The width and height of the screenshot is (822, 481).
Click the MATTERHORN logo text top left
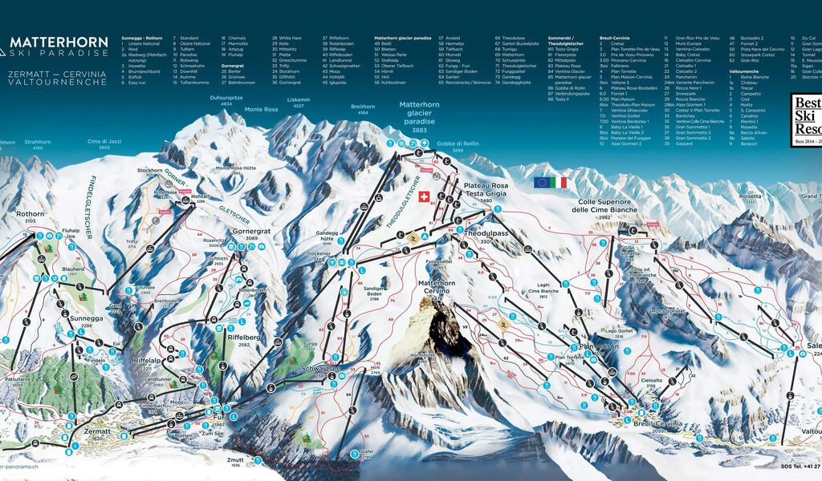click(58, 42)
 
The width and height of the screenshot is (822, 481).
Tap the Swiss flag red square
click(425, 197)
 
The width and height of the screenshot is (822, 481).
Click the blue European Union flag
click(541, 183)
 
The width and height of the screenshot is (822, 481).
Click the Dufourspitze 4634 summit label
click(220, 99)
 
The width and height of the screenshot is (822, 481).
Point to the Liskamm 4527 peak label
click(299, 101)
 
